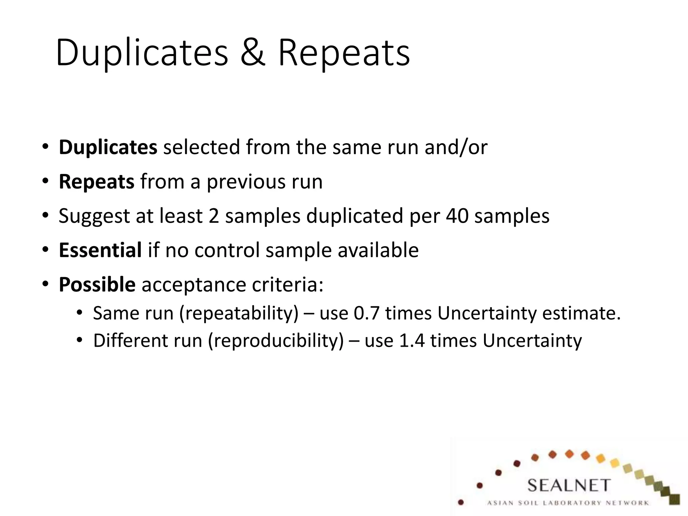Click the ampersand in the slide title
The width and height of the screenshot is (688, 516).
252,53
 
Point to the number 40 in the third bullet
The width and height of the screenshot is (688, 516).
457,216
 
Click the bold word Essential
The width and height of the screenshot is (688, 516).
100,250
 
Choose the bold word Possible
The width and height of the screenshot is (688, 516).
97,284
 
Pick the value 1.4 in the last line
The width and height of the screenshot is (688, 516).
411,341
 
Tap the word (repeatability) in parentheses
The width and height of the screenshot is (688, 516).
239,313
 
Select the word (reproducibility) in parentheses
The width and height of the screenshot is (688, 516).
276,341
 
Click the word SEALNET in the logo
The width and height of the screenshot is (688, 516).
568,485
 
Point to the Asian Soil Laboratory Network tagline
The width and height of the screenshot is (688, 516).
568,503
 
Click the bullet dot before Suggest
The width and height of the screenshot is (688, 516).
46,216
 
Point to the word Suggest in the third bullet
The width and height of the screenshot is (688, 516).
94,216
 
